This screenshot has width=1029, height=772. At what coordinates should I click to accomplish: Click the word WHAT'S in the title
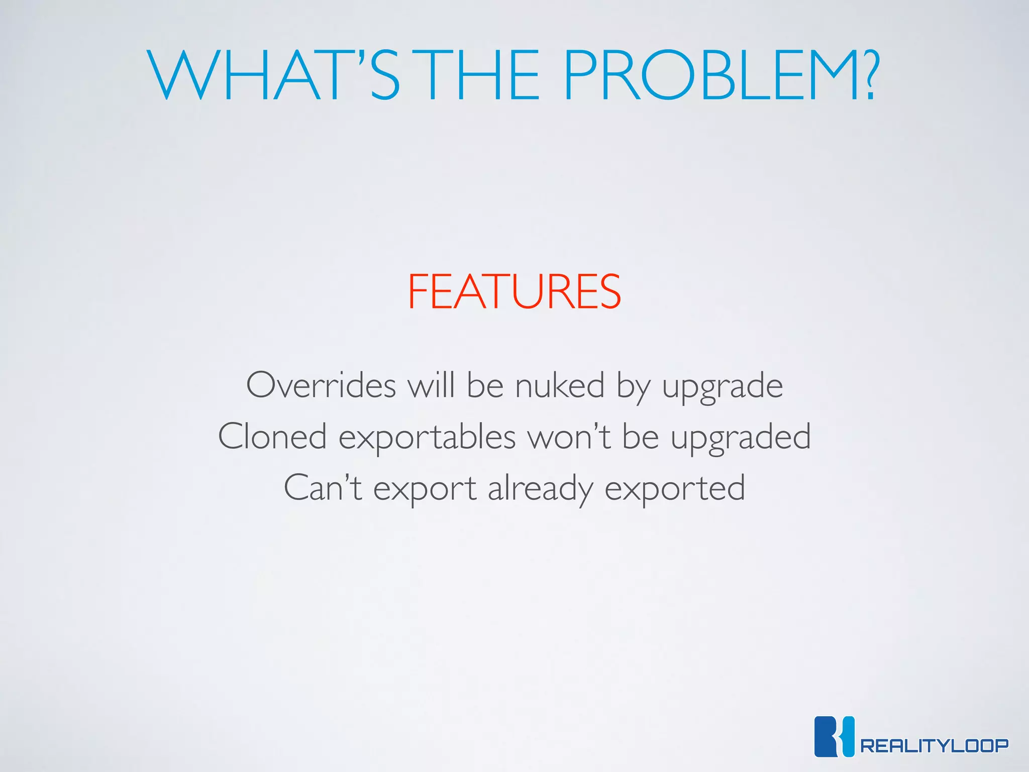tap(274, 75)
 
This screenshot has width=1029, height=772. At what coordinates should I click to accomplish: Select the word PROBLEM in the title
tap(708, 75)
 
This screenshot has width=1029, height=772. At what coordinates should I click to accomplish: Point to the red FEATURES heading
tap(514, 292)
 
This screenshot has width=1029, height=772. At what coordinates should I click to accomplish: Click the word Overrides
tap(321, 385)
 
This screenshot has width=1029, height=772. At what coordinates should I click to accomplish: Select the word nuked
tap(560, 385)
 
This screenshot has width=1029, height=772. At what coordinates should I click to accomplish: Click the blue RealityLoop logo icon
tap(834, 736)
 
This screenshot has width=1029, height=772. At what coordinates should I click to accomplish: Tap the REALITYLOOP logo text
tap(934, 745)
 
